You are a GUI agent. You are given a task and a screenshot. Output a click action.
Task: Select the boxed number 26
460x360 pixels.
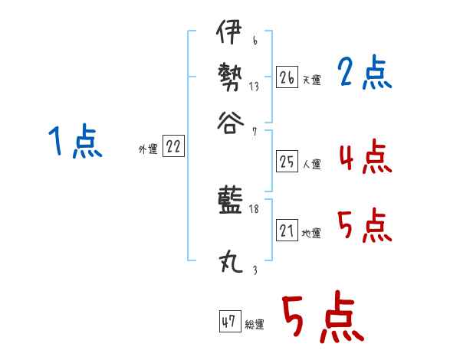[286, 77]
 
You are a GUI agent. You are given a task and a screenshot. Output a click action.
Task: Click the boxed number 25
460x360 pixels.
[286, 162]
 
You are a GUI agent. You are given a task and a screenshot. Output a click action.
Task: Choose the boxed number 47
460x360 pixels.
[229, 322]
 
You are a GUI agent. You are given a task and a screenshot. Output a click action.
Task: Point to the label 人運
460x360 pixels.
[311, 164]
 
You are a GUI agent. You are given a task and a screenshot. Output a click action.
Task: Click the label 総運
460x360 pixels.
[255, 325]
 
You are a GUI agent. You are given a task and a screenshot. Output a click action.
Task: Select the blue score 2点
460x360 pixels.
[365, 74]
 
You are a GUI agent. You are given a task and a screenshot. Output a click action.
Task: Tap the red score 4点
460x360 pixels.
[366, 159]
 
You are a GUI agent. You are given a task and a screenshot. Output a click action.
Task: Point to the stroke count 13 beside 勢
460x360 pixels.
[254, 86]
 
